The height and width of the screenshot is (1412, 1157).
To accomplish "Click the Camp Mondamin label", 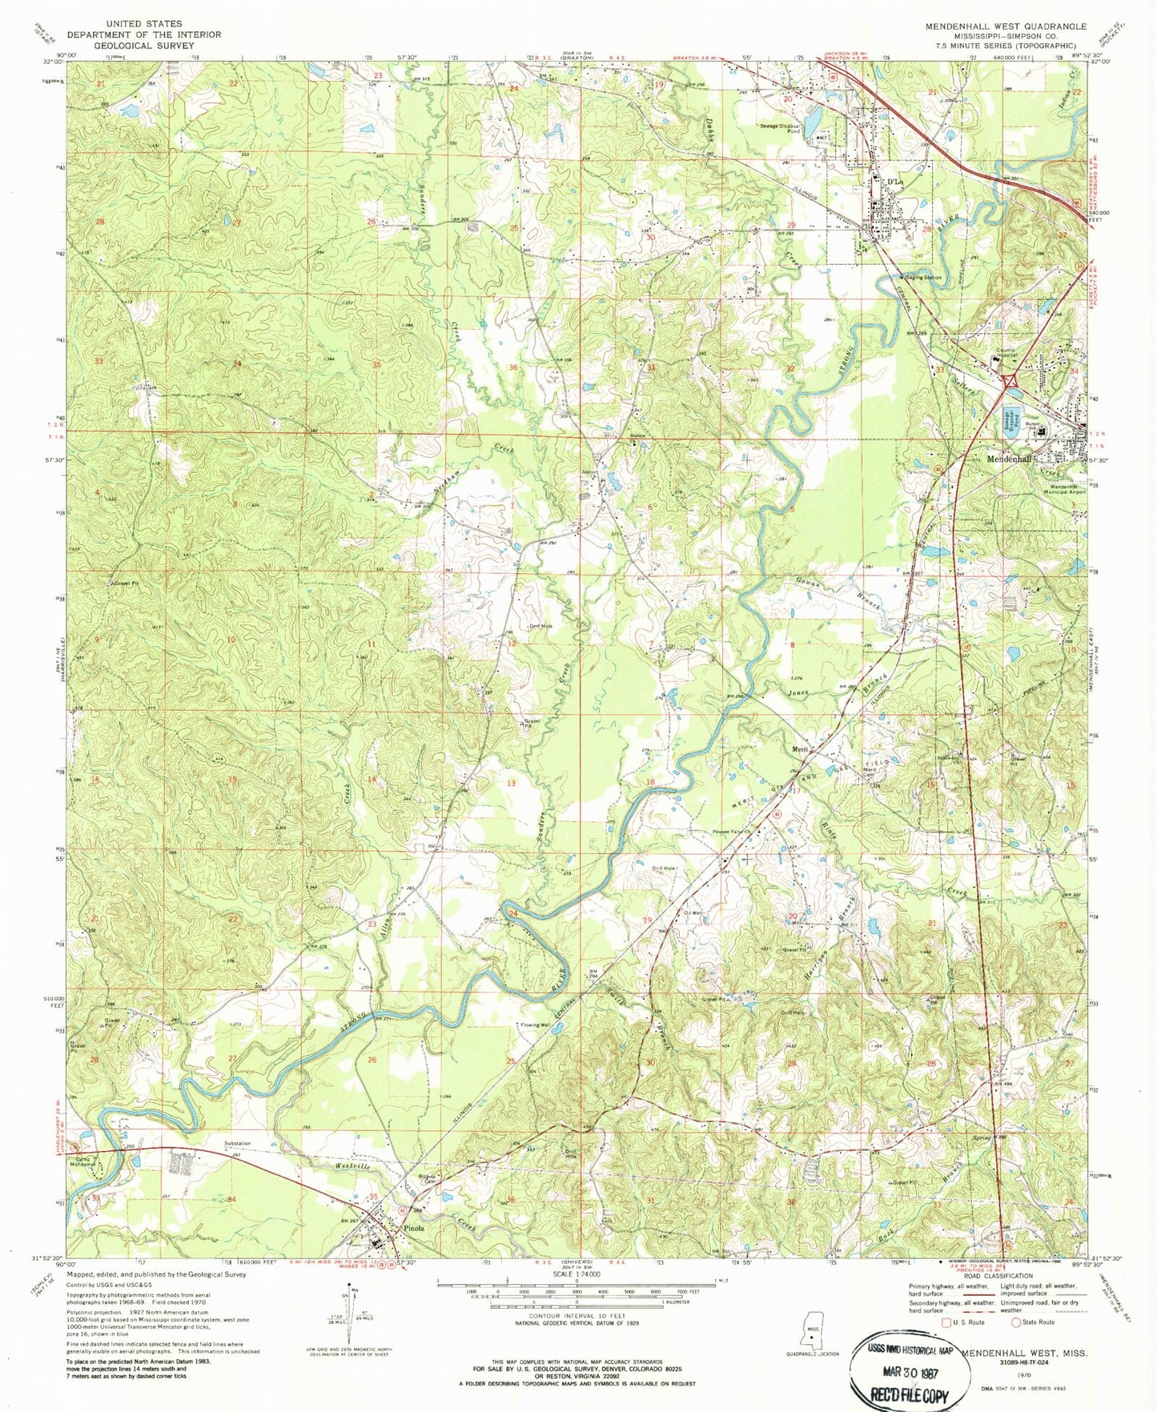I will (x=90, y=1162).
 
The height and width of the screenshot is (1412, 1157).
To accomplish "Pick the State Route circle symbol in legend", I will (x=1017, y=1322).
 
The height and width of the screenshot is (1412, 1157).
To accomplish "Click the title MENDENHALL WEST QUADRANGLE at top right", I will (x=1006, y=26).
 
